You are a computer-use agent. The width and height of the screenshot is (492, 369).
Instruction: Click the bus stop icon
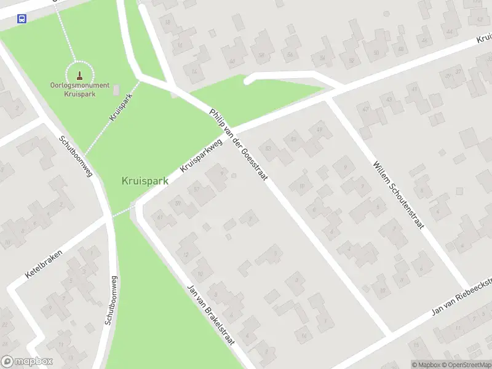click(22, 18)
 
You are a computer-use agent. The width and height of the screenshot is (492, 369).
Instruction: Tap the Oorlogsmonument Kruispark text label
click(80, 90)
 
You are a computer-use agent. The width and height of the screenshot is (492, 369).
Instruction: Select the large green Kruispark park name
click(145, 181)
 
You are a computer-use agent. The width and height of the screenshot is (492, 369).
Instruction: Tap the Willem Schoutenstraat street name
click(398, 195)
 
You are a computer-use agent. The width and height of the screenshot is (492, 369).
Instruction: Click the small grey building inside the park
click(117, 90)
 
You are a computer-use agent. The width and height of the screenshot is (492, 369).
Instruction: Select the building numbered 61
click(161, 216)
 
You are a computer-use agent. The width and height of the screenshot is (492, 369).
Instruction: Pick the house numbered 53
click(268, 148)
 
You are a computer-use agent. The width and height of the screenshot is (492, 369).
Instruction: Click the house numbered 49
click(319, 129)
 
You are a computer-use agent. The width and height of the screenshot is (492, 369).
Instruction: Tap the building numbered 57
click(197, 189)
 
